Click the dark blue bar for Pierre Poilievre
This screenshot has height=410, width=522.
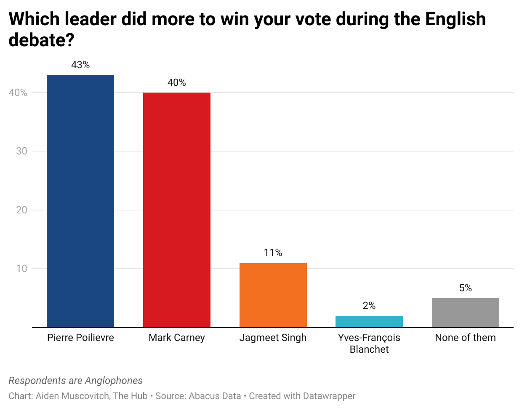(80, 201)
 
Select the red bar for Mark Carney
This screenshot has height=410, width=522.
(177, 210)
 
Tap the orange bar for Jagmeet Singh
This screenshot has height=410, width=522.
(273, 295)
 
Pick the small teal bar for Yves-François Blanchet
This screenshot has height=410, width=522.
(369, 321)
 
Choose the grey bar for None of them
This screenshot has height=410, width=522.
(466, 312)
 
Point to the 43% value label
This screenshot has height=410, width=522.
(80, 65)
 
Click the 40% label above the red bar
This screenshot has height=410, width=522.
(177, 83)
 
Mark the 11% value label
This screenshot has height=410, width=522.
(273, 253)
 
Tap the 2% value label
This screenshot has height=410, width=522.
(369, 306)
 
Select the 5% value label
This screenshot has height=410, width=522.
(466, 288)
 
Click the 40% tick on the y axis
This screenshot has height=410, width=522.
(18, 93)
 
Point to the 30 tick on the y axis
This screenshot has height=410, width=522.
(21, 151)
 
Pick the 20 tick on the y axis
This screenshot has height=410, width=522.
(21, 210)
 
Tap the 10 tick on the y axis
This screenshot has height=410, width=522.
(21, 269)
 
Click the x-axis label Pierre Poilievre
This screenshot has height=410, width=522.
(80, 338)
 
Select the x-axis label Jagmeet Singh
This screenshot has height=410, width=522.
(273, 338)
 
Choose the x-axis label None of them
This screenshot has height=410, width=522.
(466, 338)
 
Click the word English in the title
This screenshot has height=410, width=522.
(455, 19)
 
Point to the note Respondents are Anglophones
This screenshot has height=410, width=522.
(76, 381)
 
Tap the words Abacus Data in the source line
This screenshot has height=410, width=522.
(215, 396)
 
